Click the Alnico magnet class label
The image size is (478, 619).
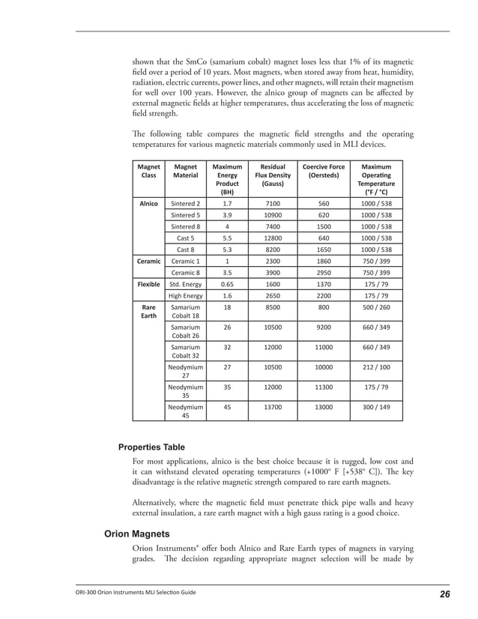pos(149,203)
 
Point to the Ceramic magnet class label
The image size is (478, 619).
pos(149,261)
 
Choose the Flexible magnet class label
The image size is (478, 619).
pos(149,285)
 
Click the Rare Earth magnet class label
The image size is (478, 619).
pos(149,311)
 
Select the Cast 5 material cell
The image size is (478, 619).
pos(186,238)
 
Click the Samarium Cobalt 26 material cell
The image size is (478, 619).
pos(186,332)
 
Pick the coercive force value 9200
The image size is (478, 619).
pos(323,327)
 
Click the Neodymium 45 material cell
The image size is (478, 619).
pos(186,411)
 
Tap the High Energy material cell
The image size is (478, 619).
pos(186,296)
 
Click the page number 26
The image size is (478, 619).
pos(444,594)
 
